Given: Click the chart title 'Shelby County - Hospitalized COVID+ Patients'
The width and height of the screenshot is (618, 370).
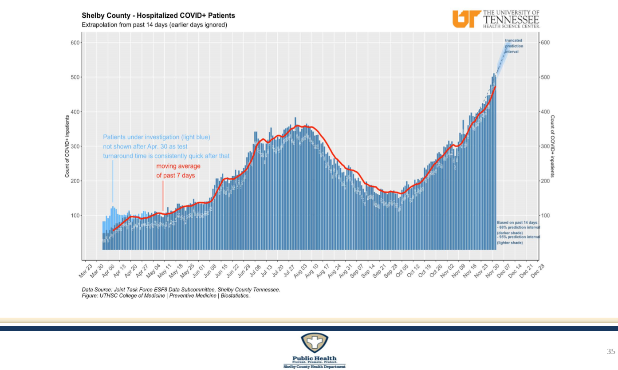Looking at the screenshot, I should click(x=158, y=16).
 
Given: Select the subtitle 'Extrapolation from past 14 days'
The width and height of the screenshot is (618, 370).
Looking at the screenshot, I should click(x=154, y=25).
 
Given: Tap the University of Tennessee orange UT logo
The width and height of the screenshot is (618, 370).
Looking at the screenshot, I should click(x=466, y=19).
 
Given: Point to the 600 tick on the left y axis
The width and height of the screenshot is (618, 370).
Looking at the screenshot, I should click(x=75, y=43).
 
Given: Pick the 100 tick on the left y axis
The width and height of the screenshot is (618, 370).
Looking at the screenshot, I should click(x=75, y=216).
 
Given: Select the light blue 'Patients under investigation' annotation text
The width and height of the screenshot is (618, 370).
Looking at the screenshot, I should click(x=166, y=146).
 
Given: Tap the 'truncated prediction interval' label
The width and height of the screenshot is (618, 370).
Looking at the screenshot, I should click(x=514, y=46).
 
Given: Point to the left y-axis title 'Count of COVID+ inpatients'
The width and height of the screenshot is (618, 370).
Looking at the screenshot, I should click(x=67, y=146).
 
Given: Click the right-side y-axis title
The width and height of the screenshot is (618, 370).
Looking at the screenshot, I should click(x=552, y=146).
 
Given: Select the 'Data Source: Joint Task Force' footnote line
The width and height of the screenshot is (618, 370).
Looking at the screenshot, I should click(x=181, y=290).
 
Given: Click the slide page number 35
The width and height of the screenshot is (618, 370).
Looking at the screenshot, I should click(x=611, y=352).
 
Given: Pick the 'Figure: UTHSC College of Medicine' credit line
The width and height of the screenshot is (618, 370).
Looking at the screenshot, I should click(x=165, y=295).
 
